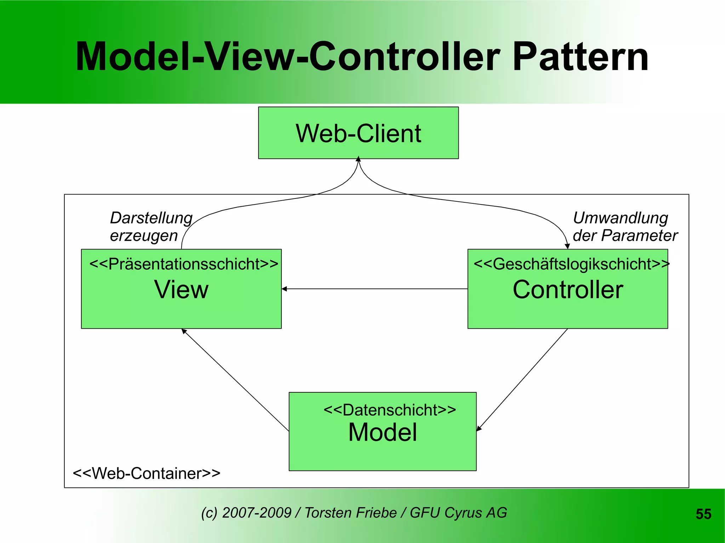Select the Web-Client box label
(358, 133)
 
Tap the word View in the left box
(181, 289)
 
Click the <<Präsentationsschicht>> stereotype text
(184, 264)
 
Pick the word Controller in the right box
(567, 289)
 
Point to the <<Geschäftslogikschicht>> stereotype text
(571, 264)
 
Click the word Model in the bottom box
(382, 432)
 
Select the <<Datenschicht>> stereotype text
(389, 410)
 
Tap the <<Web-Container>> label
(146, 473)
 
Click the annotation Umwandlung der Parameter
(624, 226)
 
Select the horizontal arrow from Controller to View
(375, 289)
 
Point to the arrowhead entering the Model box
(479, 429)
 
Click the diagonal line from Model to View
(235, 380)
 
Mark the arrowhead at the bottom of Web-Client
(358, 159)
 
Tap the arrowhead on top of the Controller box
(567, 246)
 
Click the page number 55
(703, 514)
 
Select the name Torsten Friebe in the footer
(350, 513)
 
